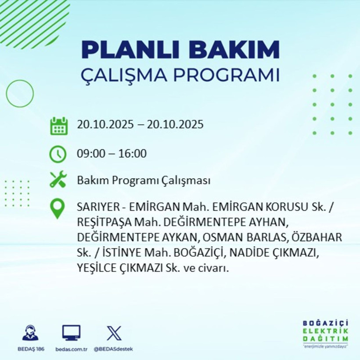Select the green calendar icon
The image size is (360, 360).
58,126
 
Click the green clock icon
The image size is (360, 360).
58,154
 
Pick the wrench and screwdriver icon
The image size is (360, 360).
58,180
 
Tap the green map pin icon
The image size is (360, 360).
58,209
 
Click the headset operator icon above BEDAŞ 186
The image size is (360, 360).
30,333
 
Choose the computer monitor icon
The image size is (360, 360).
71,333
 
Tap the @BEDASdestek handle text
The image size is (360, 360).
113,349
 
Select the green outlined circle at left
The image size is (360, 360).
20,94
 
